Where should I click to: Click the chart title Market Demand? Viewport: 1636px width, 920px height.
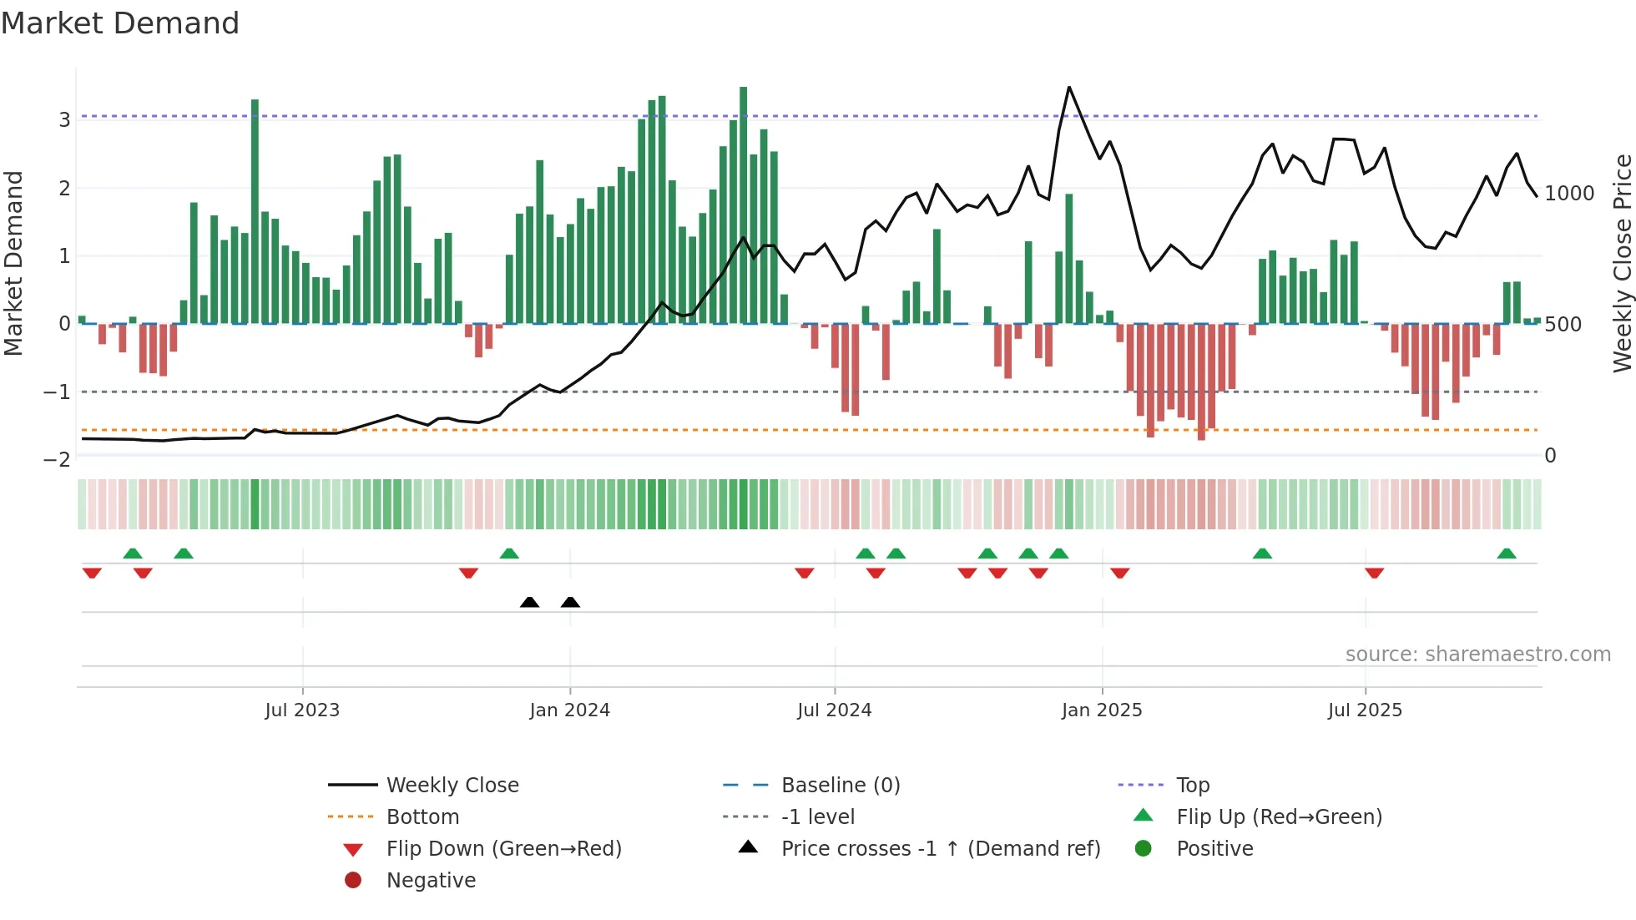tap(120, 23)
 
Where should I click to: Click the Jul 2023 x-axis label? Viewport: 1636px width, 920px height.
tap(302, 710)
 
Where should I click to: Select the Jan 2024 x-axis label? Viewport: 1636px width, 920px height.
tap(570, 710)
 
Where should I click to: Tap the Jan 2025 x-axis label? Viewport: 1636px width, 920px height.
tap(1102, 710)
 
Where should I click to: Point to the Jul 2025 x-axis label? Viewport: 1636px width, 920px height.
tap(1365, 710)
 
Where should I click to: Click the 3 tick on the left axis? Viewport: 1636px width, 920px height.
tap(64, 119)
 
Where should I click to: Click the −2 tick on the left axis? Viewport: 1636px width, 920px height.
tap(57, 460)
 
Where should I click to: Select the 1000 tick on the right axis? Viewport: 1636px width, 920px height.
tap(1569, 194)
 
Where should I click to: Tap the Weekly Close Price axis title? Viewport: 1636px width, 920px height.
tap(1622, 263)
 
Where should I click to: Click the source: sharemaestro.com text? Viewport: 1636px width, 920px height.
tap(1477, 655)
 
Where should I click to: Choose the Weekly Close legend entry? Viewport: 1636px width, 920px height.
tap(452, 786)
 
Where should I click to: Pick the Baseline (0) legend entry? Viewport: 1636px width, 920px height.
tap(840, 786)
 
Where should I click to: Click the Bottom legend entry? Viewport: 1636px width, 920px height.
tap(422, 817)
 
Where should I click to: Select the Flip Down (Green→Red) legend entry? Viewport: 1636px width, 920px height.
tap(503, 849)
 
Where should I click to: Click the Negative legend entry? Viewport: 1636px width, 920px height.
tap(431, 881)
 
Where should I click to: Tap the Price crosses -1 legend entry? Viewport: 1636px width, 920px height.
tap(940, 849)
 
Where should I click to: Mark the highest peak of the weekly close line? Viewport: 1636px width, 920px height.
tap(1069, 88)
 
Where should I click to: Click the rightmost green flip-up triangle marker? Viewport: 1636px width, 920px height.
tap(1507, 554)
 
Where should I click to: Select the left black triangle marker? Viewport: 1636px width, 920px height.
tap(529, 602)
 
